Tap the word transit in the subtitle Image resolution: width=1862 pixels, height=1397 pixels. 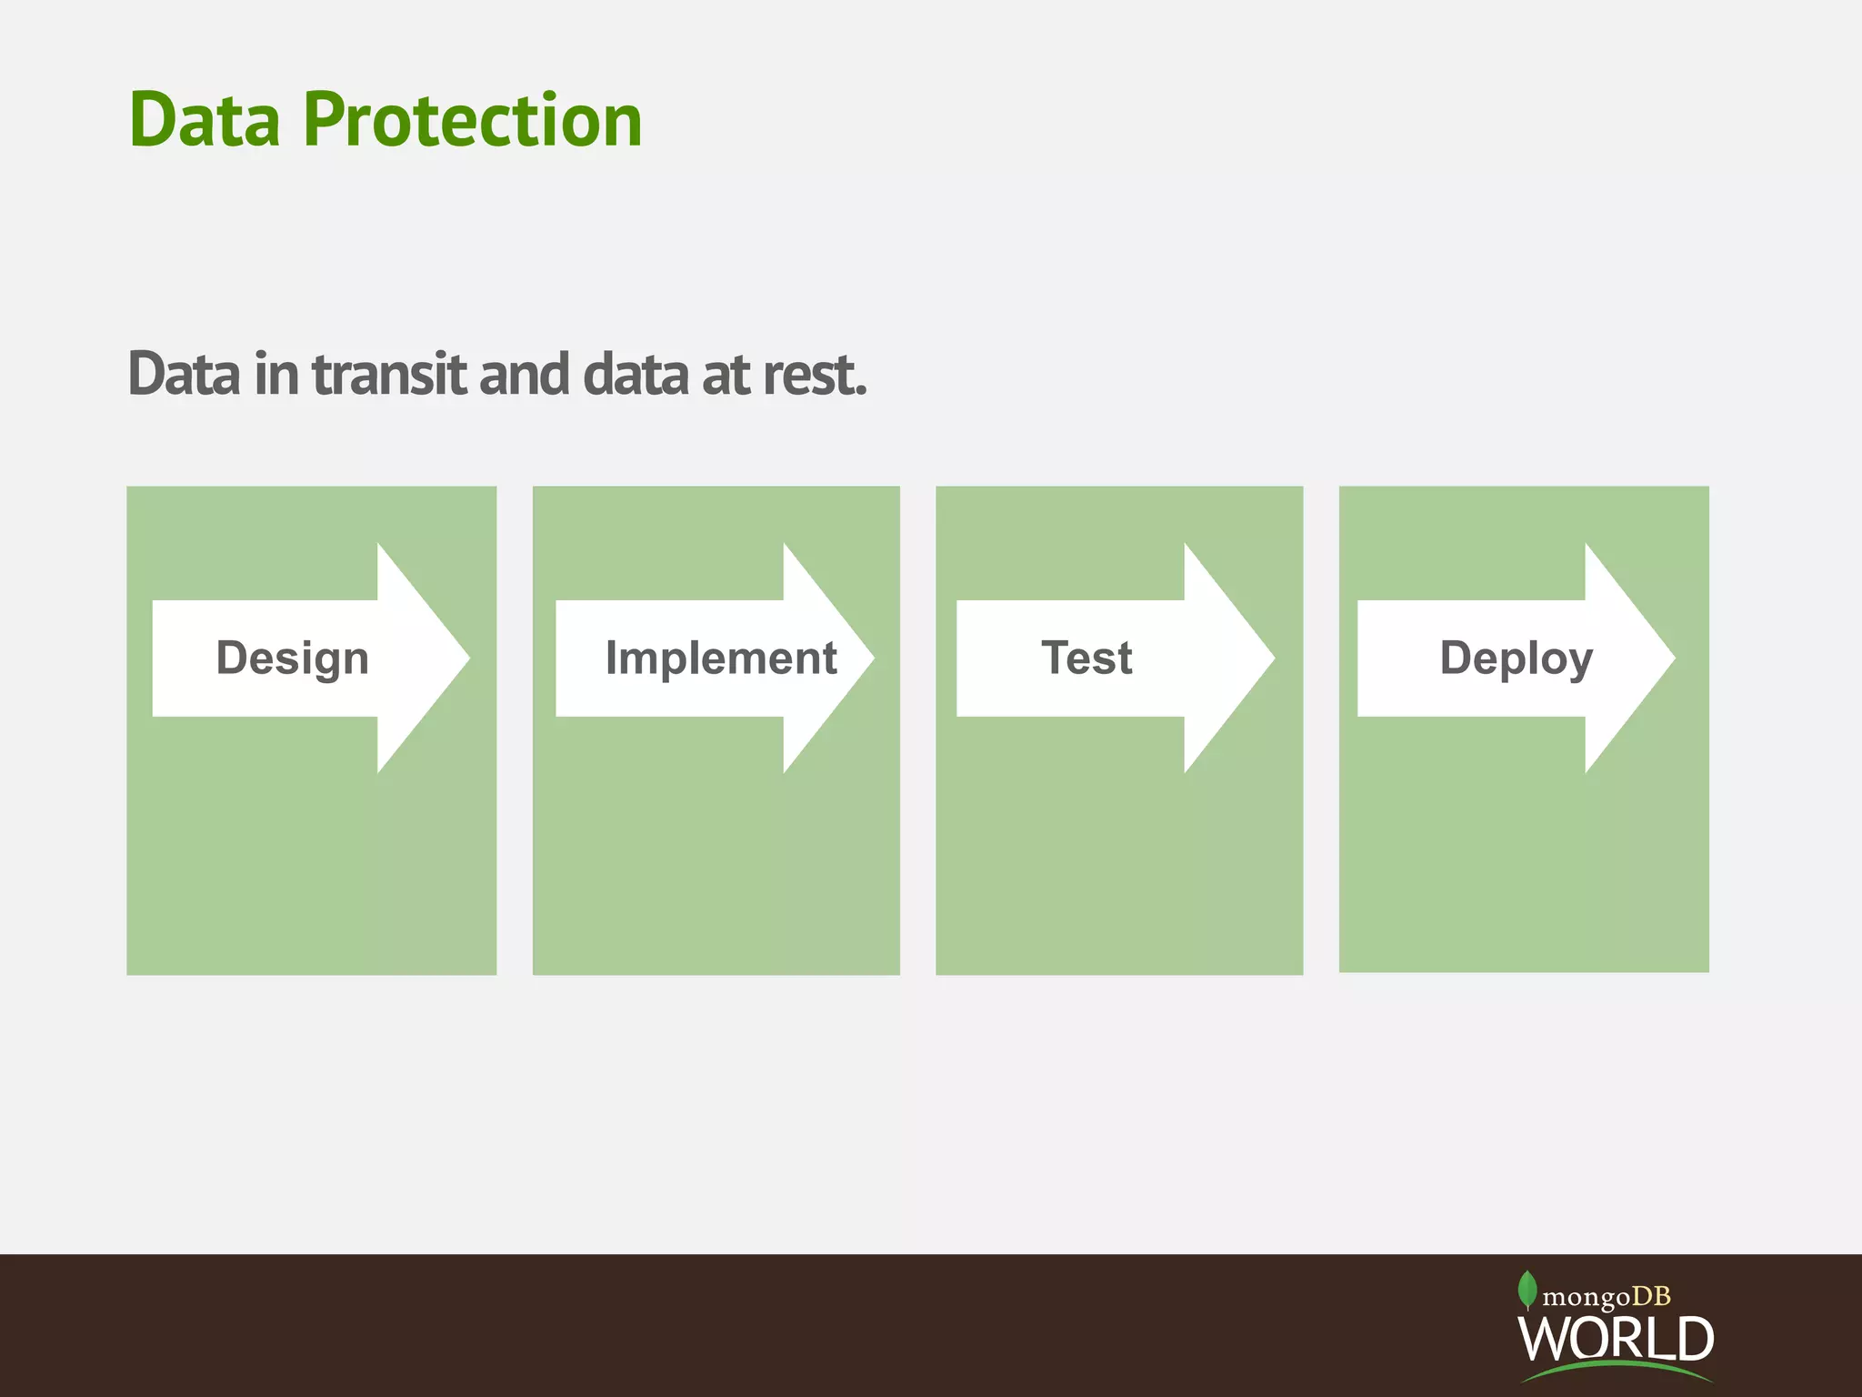pos(389,374)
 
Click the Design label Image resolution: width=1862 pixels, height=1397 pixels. pos(292,658)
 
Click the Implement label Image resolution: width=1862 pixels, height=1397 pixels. pos(720,658)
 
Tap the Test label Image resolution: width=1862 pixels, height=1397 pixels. pos(1086,658)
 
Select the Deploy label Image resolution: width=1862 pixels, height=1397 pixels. pos(1516,658)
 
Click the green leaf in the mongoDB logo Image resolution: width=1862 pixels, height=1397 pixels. pos(1527,1290)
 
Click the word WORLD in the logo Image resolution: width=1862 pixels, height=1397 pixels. pos(1616,1338)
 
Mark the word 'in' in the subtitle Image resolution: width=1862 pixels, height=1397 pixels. pos(275,374)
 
